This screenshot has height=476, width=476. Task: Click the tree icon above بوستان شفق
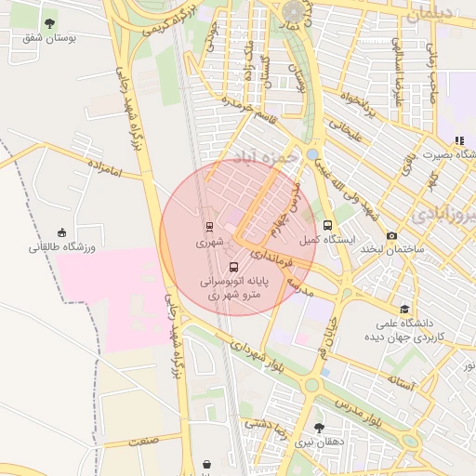click(x=49, y=23)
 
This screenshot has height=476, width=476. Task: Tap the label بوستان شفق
click(x=49, y=38)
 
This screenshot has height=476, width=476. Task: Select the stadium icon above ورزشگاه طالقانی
click(x=62, y=231)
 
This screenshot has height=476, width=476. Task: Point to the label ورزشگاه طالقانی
click(x=62, y=247)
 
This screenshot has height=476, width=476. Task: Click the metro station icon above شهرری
click(x=209, y=226)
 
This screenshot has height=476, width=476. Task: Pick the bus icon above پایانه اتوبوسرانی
click(x=233, y=267)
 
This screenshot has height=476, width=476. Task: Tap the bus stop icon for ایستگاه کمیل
click(x=327, y=225)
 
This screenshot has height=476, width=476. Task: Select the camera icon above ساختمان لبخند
click(x=391, y=236)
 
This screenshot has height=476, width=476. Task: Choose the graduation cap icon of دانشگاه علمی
click(x=403, y=310)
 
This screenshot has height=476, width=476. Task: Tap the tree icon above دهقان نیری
click(x=319, y=429)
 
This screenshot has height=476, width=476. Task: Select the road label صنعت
click(x=144, y=440)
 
